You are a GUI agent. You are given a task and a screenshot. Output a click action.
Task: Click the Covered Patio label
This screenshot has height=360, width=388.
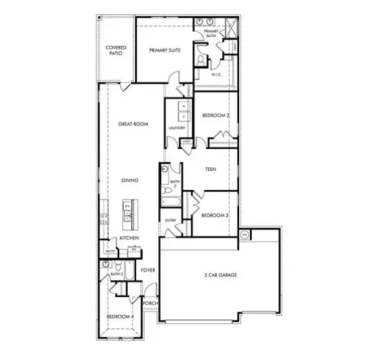[x=116, y=50]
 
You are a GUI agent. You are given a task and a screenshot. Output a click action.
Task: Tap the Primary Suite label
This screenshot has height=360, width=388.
[x=165, y=50]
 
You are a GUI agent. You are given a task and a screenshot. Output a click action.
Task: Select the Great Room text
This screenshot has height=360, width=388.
[x=133, y=124]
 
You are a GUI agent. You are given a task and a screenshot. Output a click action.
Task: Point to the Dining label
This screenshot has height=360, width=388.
[x=130, y=180]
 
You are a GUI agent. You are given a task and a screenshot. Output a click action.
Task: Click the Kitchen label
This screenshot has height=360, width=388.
[x=128, y=238]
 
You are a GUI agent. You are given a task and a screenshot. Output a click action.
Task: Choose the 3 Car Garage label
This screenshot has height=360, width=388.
[x=220, y=275]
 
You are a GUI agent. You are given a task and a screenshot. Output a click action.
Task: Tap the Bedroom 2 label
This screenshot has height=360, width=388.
[x=215, y=116]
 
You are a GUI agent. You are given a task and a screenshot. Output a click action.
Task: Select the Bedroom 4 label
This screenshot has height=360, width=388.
[x=120, y=316]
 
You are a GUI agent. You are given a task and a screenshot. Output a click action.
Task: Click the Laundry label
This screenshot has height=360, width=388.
[x=177, y=128]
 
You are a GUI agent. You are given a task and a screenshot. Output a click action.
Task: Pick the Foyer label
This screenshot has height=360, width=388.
[x=148, y=270]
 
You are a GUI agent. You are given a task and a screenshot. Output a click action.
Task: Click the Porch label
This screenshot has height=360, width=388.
[x=150, y=303]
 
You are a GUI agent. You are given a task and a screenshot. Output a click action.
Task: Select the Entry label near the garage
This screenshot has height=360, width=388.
[x=170, y=220]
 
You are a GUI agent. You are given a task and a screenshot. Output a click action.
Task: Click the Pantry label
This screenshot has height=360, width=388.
[x=110, y=251]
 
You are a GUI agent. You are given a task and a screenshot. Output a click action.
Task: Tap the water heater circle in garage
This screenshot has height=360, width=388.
[x=245, y=234]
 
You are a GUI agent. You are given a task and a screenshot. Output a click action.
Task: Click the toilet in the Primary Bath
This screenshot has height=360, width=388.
[x=201, y=59]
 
